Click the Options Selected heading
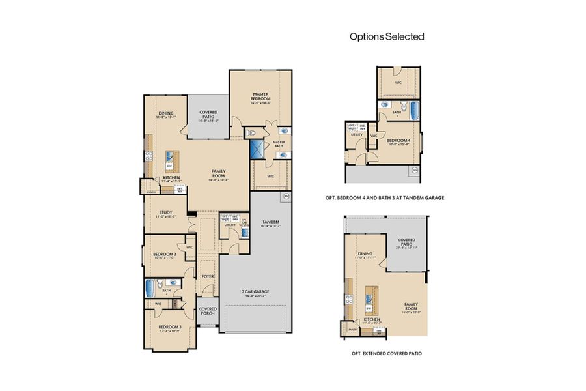point(387,36)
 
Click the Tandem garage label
point(270,224)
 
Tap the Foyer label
point(208,276)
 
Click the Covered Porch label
point(208,311)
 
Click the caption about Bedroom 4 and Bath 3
point(384,197)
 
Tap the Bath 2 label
point(167,293)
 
